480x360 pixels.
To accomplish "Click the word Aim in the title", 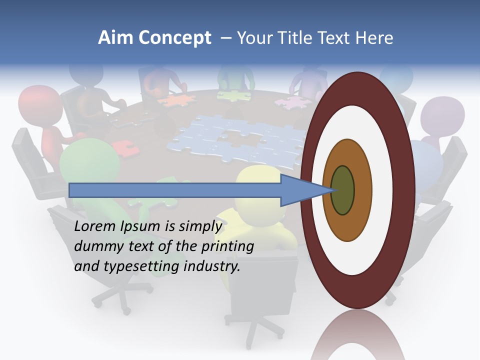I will (115, 38).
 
